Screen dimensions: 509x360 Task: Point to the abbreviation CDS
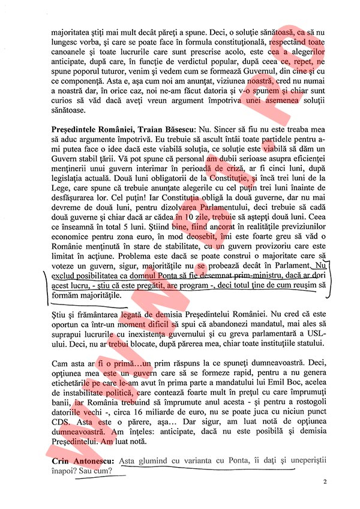62,420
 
